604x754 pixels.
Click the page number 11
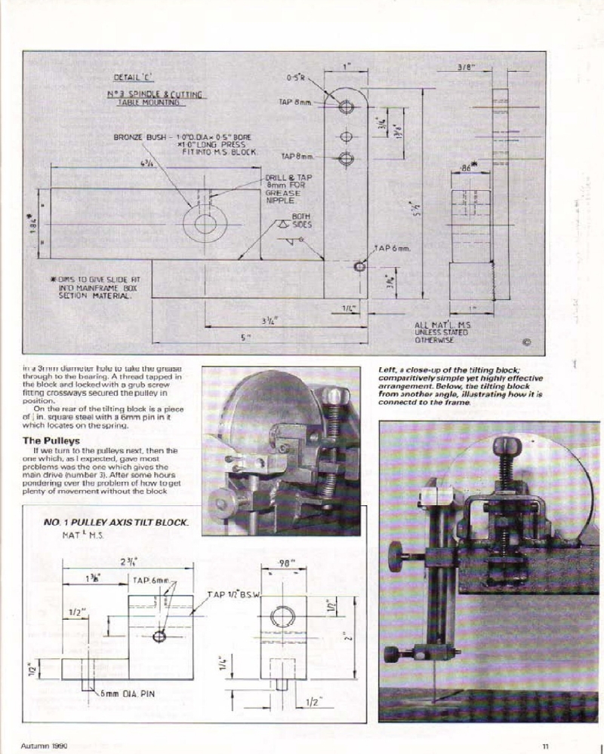point(544,746)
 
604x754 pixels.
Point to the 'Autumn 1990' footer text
point(45,746)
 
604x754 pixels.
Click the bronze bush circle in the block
point(205,224)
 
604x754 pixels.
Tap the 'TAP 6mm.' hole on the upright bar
point(359,266)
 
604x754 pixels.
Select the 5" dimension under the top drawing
point(244,338)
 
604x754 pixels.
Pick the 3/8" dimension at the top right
point(465,67)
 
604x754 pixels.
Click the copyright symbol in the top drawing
point(526,342)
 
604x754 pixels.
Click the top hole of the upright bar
point(346,107)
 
